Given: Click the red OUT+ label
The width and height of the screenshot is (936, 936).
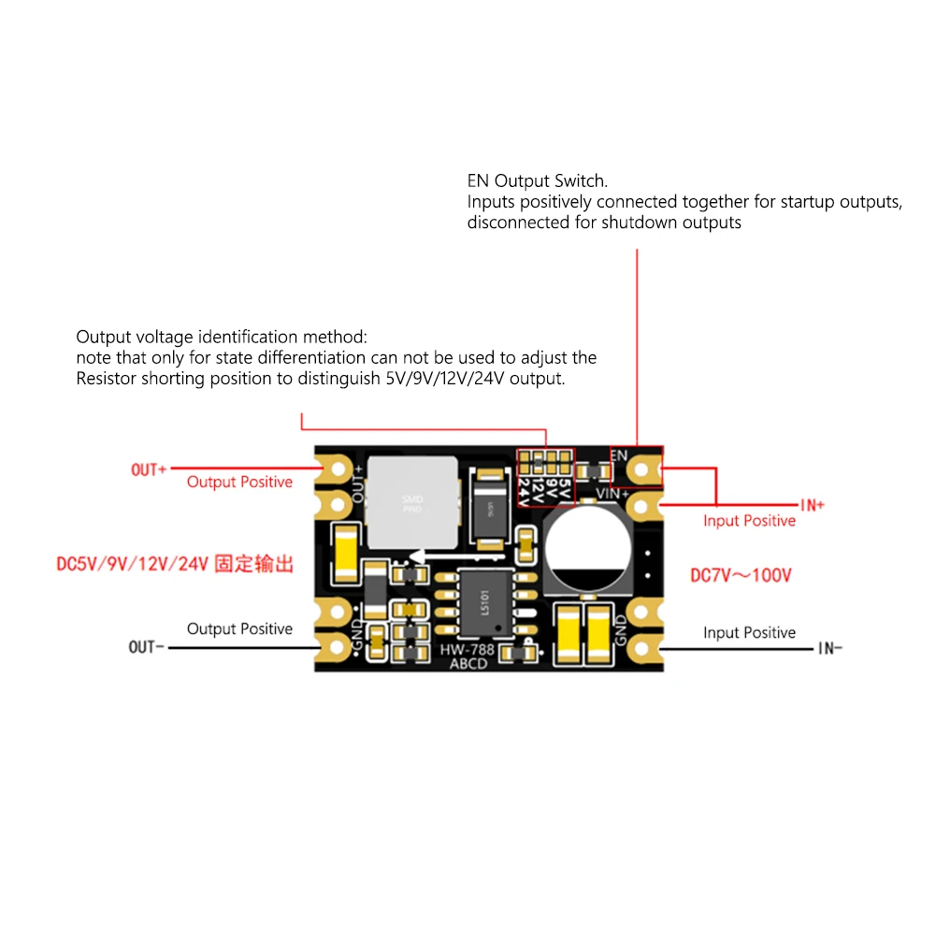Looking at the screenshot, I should pos(148,469).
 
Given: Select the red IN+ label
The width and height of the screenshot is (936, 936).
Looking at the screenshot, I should pos(812,505).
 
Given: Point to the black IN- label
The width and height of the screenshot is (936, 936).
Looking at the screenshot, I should pos(829,648).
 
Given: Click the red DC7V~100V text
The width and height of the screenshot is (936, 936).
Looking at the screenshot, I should pos(740,576).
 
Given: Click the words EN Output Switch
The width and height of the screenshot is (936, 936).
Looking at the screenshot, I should pos(537,181).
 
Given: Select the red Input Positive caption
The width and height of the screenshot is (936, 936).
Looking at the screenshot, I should pos(749,521).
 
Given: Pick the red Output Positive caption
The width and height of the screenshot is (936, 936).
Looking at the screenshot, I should pos(239,482).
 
